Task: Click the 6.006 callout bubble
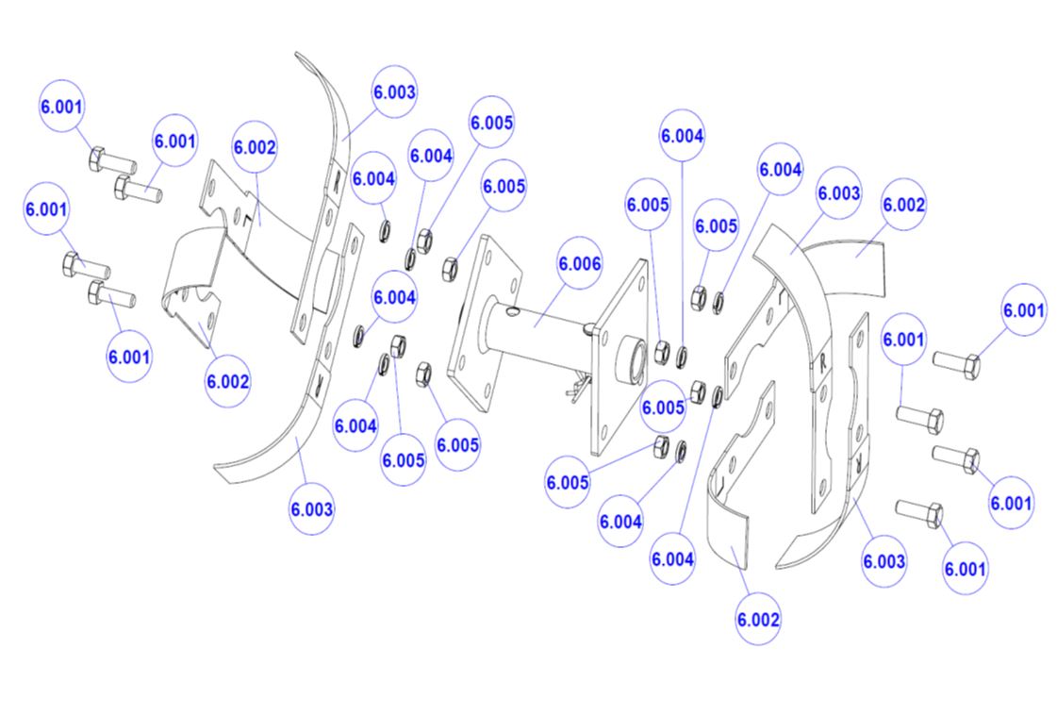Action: point(580,263)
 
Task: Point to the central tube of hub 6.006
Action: point(539,330)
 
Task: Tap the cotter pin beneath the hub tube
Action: point(577,387)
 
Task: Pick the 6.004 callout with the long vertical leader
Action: point(683,136)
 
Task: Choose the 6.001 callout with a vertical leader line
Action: point(903,340)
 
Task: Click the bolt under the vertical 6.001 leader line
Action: point(919,420)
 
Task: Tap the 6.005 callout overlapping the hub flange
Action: point(663,407)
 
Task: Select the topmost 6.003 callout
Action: point(394,91)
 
